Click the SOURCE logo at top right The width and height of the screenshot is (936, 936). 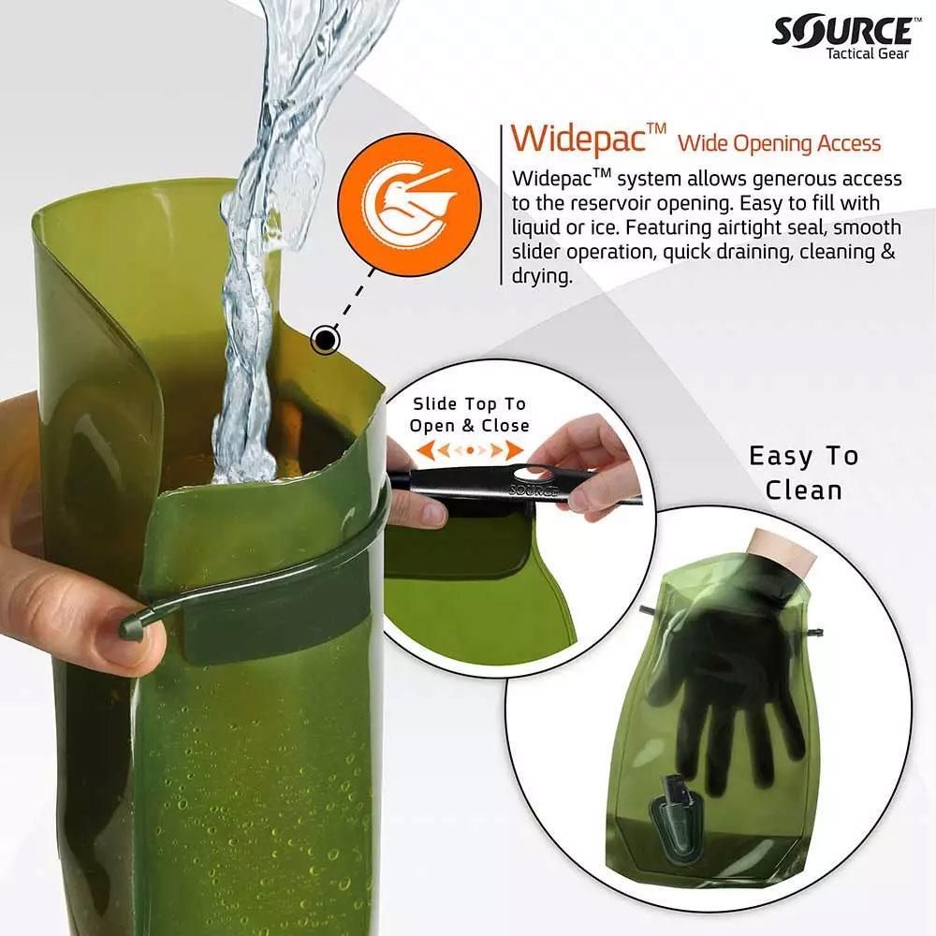click(841, 30)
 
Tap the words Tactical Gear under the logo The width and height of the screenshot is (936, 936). click(867, 53)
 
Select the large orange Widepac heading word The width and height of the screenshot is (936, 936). click(580, 139)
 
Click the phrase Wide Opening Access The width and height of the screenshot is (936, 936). click(780, 143)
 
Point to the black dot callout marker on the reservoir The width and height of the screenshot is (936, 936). click(325, 339)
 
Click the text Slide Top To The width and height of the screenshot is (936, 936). click(469, 404)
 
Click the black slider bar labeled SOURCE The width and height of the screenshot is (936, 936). click(524, 484)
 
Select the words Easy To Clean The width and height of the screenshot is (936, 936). click(802, 473)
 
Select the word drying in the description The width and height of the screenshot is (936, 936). click(540, 277)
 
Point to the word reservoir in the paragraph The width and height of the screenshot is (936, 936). click(608, 203)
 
